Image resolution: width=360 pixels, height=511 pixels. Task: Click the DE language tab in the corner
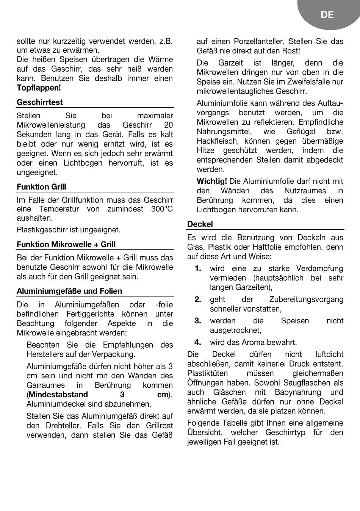click(x=327, y=15)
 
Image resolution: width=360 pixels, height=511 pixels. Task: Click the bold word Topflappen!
click(x=39, y=88)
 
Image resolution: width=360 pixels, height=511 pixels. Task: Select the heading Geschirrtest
click(x=40, y=102)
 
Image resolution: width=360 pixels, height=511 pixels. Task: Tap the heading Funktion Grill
click(x=41, y=187)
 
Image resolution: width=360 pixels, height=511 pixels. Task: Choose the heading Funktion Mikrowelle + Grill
click(x=66, y=245)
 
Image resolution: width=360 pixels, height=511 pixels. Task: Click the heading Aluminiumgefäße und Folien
click(x=69, y=291)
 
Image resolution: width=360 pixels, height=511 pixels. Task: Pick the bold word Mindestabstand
click(x=58, y=395)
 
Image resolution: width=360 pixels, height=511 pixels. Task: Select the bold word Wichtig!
click(x=212, y=181)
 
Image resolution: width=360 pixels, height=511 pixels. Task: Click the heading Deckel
click(x=200, y=224)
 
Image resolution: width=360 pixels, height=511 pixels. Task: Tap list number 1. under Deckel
click(x=198, y=268)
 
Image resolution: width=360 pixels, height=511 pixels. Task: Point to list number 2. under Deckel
click(x=198, y=299)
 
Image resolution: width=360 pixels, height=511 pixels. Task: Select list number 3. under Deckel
click(x=198, y=321)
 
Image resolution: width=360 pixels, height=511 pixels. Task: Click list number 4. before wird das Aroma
click(x=198, y=342)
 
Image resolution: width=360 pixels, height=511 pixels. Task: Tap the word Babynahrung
click(x=297, y=392)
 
